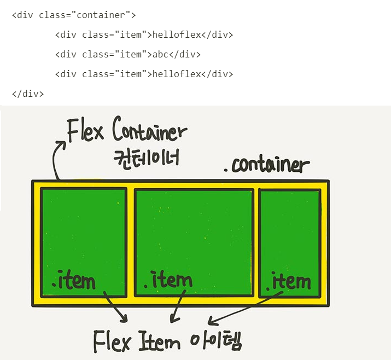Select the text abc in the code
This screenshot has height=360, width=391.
161,54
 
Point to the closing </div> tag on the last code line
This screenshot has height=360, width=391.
27,94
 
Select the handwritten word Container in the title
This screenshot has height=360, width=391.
149,131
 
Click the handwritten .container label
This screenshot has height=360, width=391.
266,165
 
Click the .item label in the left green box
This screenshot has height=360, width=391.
73,281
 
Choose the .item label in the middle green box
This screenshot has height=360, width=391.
168,281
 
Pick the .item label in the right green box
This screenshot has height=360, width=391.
288,282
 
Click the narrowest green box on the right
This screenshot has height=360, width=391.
289,230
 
